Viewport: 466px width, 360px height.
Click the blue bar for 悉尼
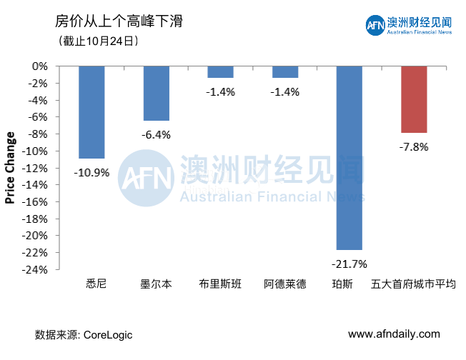[91, 111]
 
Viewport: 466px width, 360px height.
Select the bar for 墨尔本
[157, 93]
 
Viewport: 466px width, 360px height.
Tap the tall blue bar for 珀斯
[349, 157]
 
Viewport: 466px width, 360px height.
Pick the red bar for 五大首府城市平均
[414, 99]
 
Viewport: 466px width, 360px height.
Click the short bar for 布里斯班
[221, 71]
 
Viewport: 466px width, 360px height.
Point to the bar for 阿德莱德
[285, 71]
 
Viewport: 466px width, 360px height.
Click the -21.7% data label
[349, 264]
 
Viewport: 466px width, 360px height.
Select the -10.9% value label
[91, 172]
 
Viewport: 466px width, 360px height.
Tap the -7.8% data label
[414, 146]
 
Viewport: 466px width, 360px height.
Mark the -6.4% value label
[157, 134]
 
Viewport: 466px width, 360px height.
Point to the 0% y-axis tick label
[41, 66]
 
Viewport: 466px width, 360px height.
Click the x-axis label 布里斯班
[221, 284]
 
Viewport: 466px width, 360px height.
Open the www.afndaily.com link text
[394, 334]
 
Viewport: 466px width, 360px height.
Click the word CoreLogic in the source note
[108, 334]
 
